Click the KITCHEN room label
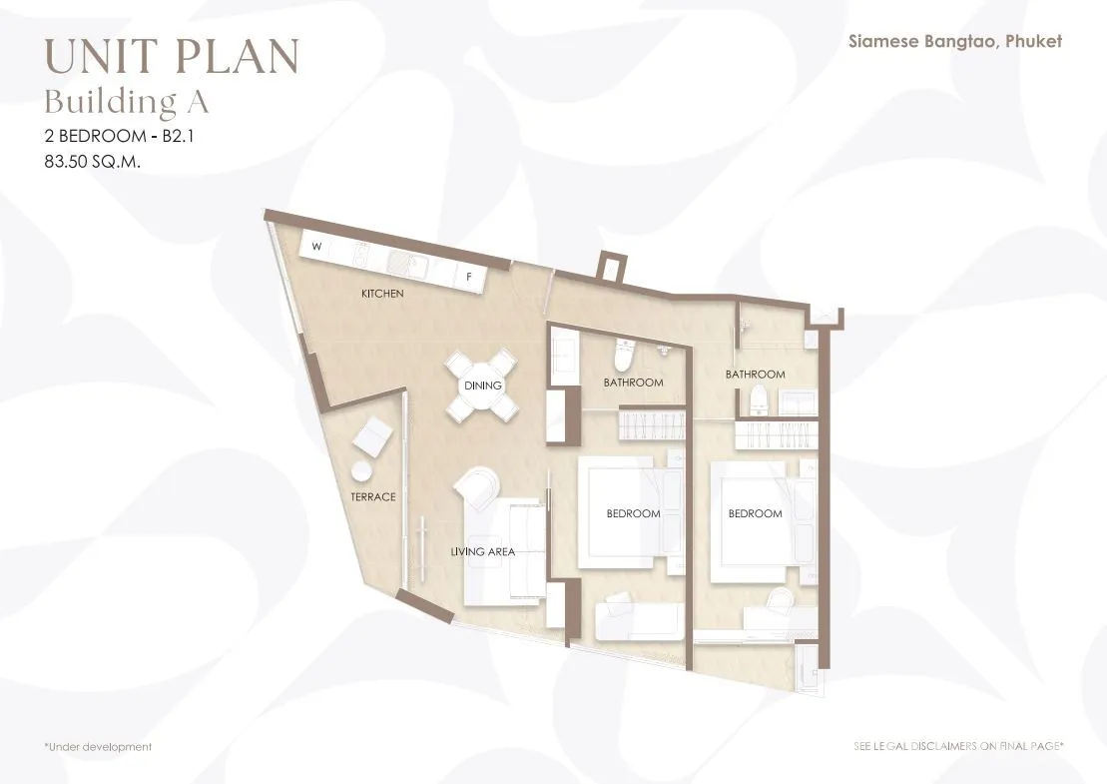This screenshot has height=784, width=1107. pos(382,293)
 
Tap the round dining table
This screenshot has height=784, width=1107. pos(483,386)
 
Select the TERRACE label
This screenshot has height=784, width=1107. pos(373,496)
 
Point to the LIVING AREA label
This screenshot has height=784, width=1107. pos(483,551)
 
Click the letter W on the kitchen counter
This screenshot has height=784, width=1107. pos(317,247)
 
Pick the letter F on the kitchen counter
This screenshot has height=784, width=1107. pos(469,277)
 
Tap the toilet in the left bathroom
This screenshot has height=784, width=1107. pos(624,354)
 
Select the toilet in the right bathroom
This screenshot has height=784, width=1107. pos(757,399)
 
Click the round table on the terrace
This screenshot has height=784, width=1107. pos(361,471)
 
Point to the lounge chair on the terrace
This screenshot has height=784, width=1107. pos(372,437)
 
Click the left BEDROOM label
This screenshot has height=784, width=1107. pos(633,513)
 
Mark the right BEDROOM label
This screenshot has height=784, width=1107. pos(756,513)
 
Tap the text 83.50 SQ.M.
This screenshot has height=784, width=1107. pos(93,161)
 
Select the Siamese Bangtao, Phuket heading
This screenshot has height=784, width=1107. pos(955,42)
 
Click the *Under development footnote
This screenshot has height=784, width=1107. pos(98,747)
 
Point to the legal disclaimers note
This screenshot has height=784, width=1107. pos(958,746)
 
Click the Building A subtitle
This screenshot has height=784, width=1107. pos(127,102)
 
